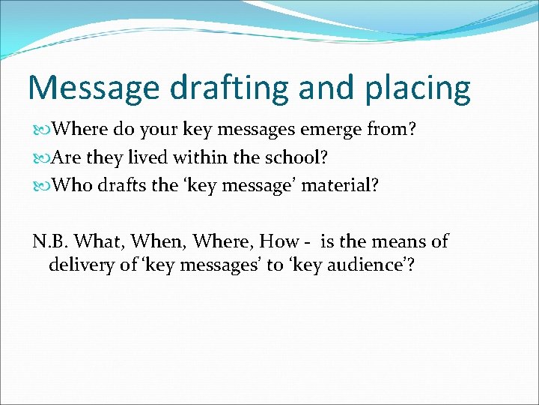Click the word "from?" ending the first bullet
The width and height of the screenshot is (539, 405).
tap(394, 130)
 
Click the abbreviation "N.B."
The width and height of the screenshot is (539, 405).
tap(50, 241)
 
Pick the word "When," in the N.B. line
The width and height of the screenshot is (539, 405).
tap(159, 241)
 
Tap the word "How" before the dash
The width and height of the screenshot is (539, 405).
tap(278, 241)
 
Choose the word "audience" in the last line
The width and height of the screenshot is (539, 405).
tap(359, 265)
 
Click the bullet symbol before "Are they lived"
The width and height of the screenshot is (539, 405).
tap(40, 157)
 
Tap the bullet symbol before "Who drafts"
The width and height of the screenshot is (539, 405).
tap(40, 185)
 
